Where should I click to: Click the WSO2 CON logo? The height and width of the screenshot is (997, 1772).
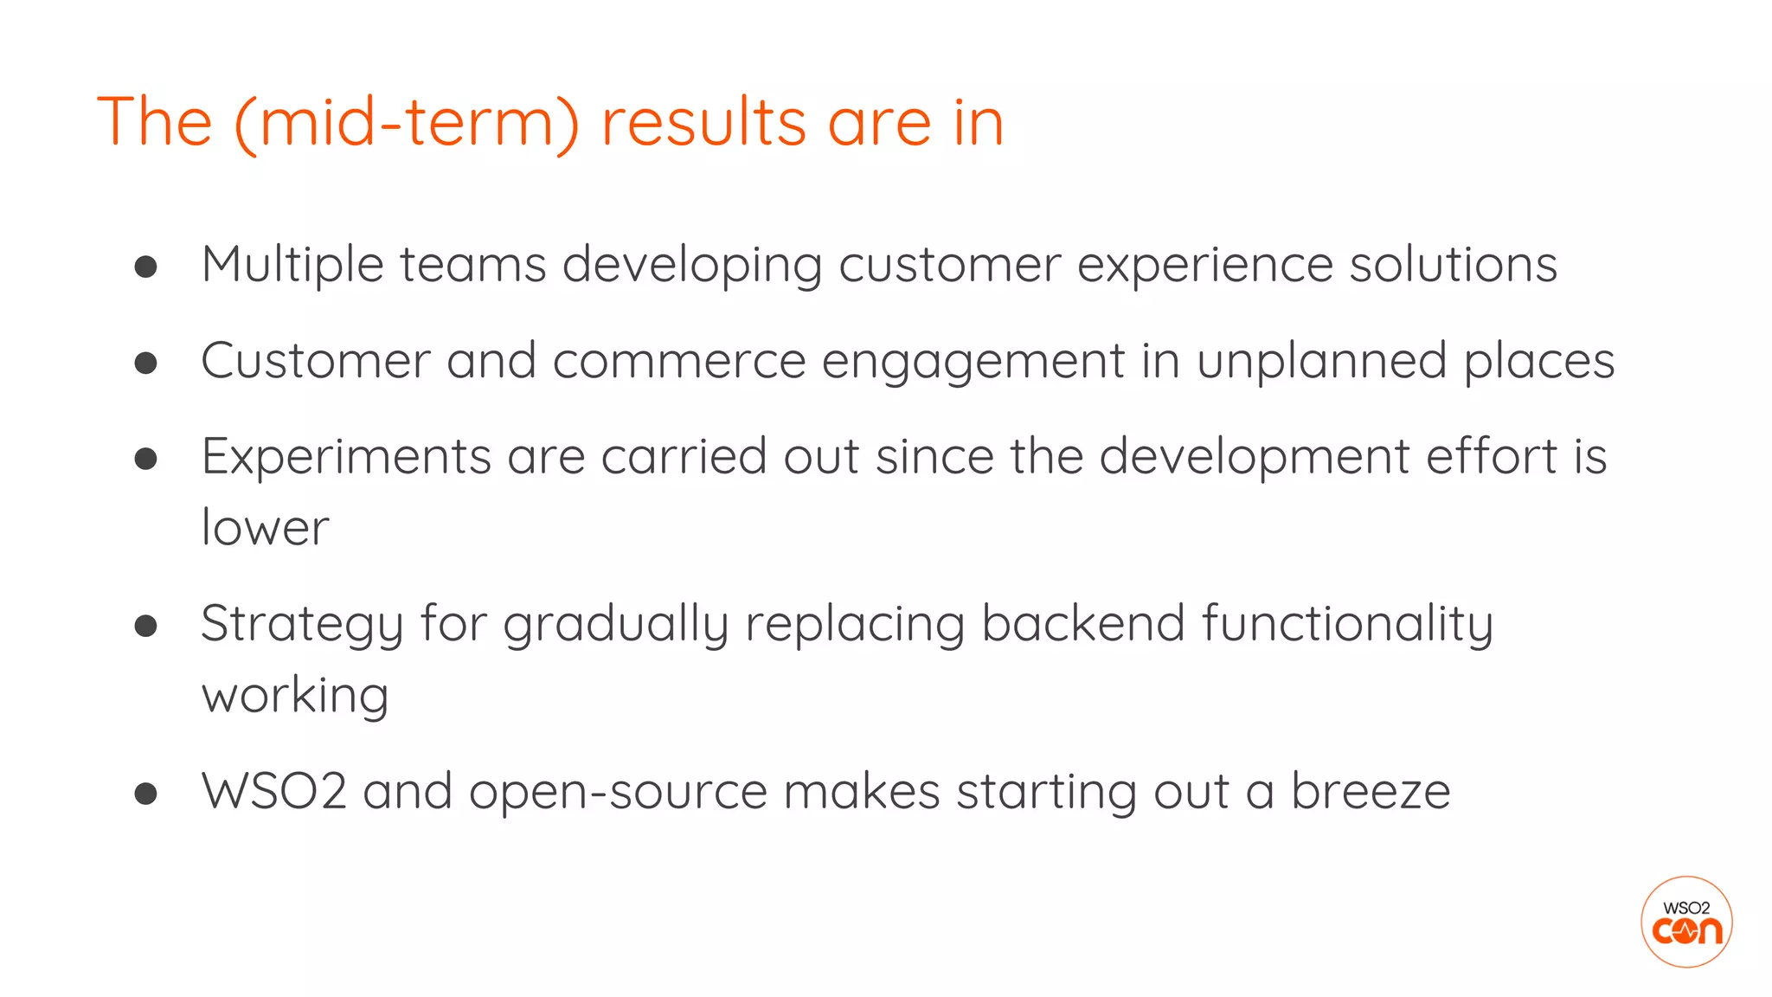click(1685, 922)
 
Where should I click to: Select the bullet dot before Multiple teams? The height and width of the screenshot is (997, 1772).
click(146, 267)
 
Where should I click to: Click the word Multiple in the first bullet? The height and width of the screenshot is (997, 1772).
click(292, 265)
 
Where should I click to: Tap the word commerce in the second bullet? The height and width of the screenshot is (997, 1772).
click(678, 361)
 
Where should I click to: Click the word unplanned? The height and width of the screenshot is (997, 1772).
click(1321, 361)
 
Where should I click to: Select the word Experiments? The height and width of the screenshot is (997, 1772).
click(346, 457)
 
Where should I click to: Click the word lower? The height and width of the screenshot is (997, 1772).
click(265, 528)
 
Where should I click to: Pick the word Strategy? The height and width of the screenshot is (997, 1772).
click(302, 624)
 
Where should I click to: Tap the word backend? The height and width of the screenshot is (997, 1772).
click(1082, 624)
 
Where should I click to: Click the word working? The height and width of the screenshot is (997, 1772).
click(295, 696)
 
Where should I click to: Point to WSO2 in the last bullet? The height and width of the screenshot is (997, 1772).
click(274, 791)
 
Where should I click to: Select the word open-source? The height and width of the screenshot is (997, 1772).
click(618, 791)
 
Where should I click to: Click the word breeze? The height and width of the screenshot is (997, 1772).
click(1371, 791)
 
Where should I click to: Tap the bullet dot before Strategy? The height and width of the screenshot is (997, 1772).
click(146, 626)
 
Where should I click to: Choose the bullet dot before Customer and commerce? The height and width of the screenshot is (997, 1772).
click(146, 363)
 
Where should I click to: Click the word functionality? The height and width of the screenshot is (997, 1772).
click(1347, 624)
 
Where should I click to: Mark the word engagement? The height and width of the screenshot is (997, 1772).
click(973, 361)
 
